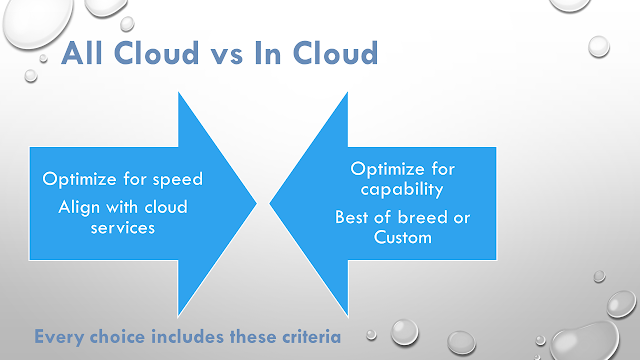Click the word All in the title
point(82,53)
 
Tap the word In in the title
point(268,53)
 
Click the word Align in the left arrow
point(79,208)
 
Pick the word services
point(123,228)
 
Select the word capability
point(402,190)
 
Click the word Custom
point(403,237)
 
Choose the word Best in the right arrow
point(352,217)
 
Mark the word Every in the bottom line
point(59,338)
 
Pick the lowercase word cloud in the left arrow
point(166,207)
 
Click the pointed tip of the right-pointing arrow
point(256,203)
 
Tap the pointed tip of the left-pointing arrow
point(270,203)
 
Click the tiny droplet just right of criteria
point(371,335)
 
